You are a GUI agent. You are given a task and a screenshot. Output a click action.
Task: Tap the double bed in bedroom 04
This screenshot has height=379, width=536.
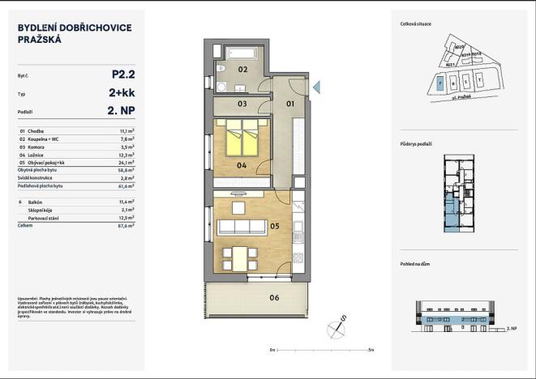242,139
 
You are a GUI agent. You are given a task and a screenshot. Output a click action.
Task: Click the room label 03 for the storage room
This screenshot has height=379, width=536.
241,104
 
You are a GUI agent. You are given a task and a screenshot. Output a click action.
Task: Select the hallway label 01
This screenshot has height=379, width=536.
290,104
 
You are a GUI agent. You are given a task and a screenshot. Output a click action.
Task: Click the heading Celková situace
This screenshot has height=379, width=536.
416,24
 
